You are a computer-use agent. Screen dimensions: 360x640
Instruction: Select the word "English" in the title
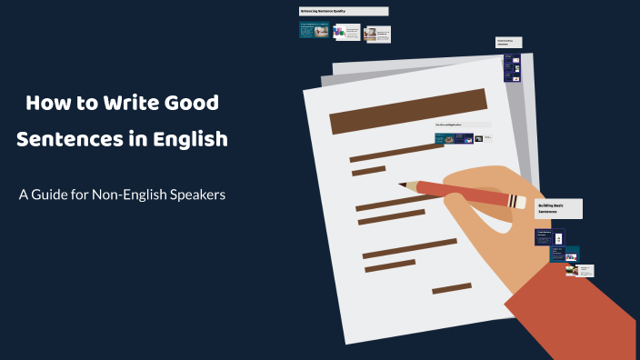(x=188, y=141)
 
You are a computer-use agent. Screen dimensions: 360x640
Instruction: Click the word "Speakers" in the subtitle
(x=191, y=195)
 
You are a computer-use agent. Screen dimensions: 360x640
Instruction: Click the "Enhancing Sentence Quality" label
(x=343, y=12)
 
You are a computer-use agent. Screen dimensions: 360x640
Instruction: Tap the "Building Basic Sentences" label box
(x=557, y=208)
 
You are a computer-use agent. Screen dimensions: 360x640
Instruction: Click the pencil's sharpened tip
(x=412, y=185)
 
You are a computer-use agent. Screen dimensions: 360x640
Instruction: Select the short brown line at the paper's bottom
(x=451, y=288)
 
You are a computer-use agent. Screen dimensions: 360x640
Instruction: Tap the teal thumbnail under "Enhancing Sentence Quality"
(x=314, y=31)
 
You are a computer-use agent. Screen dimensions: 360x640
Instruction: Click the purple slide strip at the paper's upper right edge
(x=513, y=68)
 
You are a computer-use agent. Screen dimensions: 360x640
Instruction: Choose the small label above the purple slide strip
(x=509, y=42)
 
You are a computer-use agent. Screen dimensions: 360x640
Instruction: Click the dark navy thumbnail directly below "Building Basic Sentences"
(x=548, y=237)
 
